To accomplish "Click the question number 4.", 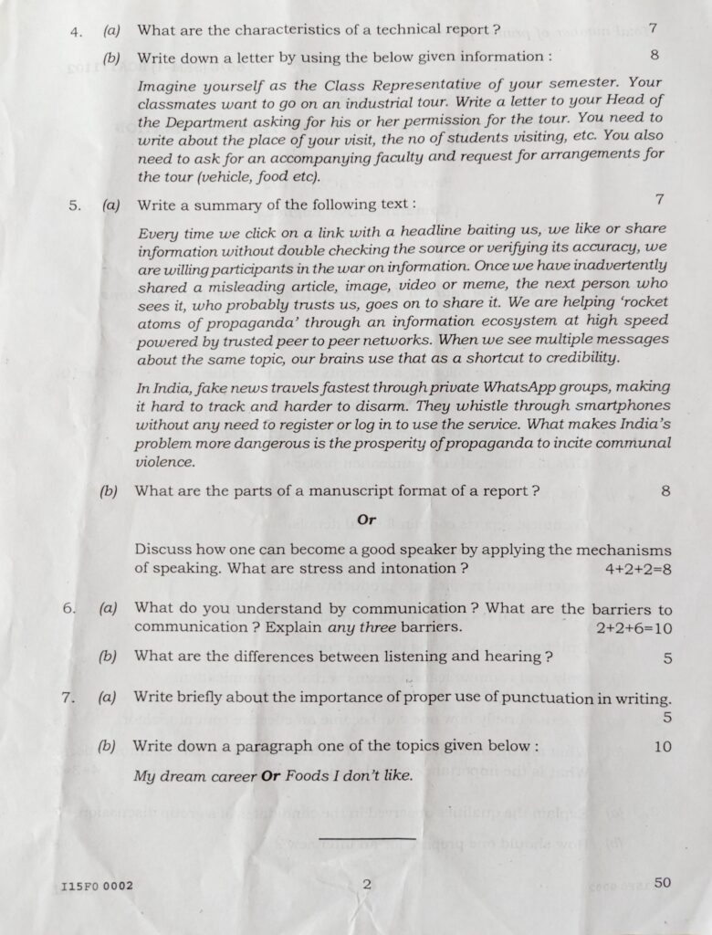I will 75,30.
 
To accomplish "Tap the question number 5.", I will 75,205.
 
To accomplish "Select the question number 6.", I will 68,609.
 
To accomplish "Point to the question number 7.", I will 68,699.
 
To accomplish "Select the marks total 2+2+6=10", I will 633,628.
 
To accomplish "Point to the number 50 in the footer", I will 663,882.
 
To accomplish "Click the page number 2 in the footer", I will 366,884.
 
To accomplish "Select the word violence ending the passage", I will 164,462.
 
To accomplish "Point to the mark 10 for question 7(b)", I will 663,746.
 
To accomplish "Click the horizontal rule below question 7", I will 367,836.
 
